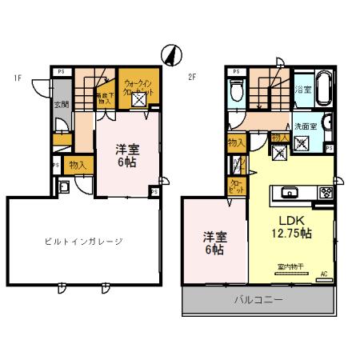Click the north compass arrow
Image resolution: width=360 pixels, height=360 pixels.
point(169,54)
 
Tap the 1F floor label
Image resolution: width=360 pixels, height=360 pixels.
point(16,77)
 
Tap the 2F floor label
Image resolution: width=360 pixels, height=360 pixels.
point(192,77)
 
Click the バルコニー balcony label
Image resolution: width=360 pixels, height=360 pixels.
point(257,301)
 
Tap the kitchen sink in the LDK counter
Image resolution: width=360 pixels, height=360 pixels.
point(290,193)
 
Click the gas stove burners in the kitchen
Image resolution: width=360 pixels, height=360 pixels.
point(326,193)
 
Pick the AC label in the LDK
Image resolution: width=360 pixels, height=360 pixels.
point(324,274)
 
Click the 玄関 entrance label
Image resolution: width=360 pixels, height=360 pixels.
point(61,103)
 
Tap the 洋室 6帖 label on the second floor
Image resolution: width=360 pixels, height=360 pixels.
point(213,243)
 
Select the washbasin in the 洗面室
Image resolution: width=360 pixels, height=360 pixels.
point(330,147)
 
